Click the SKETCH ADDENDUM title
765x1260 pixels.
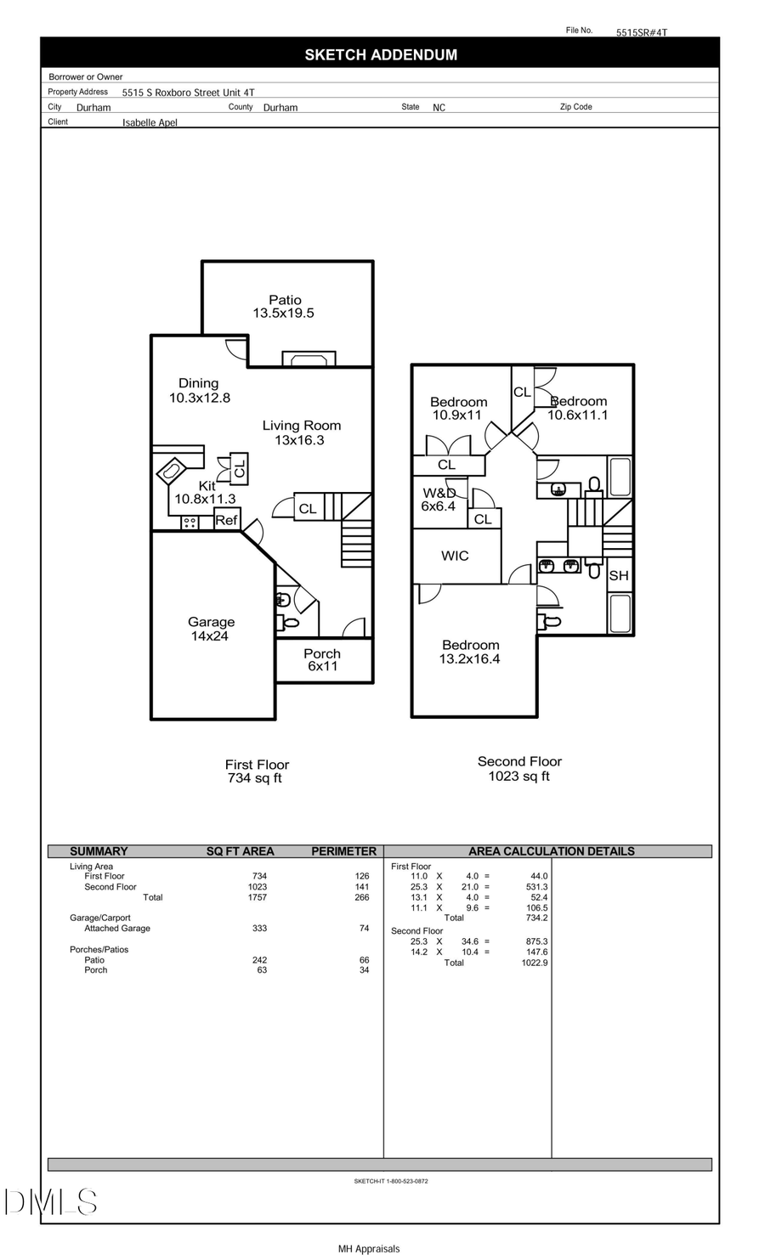[381, 54]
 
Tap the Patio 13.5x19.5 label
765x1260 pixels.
[284, 307]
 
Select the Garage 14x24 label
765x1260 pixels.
[211, 629]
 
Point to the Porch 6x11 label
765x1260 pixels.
[322, 659]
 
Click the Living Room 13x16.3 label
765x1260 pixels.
[301, 432]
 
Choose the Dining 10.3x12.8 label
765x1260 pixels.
[199, 391]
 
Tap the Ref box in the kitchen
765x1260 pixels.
[227, 520]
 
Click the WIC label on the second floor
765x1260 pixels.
[455, 556]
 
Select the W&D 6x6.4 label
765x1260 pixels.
[439, 500]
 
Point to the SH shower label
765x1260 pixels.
[619, 575]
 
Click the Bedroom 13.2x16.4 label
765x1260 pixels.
[470, 652]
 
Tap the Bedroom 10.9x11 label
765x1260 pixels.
[458, 409]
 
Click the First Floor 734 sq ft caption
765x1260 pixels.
[257, 771]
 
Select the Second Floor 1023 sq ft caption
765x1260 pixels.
[519, 769]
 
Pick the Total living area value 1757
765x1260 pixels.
[257, 897]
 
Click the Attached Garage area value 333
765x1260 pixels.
[259, 929]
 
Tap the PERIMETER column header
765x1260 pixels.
[343, 851]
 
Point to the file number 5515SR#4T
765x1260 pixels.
[642, 32]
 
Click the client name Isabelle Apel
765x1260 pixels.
[150, 122]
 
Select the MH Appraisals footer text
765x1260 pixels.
[369, 1249]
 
